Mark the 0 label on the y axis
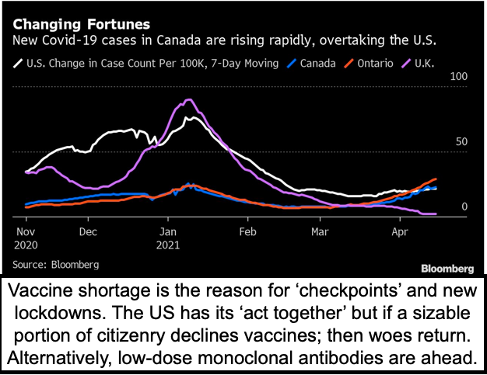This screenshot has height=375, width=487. click(x=464, y=207)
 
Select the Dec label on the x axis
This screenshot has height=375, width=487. click(x=87, y=232)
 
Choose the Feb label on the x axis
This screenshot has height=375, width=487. click(x=247, y=232)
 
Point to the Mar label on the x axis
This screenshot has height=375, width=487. click(x=319, y=232)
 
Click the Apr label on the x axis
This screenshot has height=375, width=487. click(x=399, y=232)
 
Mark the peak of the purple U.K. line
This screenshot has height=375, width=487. click(x=187, y=100)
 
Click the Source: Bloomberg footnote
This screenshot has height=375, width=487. click(x=59, y=265)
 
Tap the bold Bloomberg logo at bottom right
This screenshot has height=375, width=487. click(x=447, y=269)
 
